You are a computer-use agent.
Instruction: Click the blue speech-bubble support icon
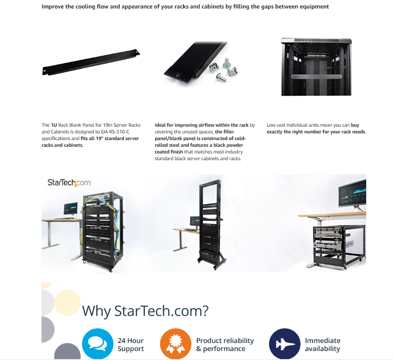coord(98,343)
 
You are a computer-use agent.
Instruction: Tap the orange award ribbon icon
coord(175,343)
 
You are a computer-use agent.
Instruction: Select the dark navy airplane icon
coord(285,343)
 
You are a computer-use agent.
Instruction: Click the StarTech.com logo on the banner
coord(69,182)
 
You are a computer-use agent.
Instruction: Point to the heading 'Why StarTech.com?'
coord(145,311)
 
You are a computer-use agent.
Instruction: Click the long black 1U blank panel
coord(91,62)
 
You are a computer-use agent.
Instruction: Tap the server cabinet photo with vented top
coord(316,66)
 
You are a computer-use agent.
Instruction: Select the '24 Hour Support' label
coord(131,344)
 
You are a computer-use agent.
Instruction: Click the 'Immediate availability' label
coord(323,344)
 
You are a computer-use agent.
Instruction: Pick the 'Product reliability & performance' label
coord(225,344)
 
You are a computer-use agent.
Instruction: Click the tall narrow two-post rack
coord(211,224)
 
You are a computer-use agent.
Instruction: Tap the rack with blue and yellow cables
coord(103,231)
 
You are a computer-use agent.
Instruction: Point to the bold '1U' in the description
coord(54,125)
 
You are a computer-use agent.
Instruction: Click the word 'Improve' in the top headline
coord(53,7)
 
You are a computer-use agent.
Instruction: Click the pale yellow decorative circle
coord(67,302)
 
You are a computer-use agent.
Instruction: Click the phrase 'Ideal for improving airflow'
coord(186,125)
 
